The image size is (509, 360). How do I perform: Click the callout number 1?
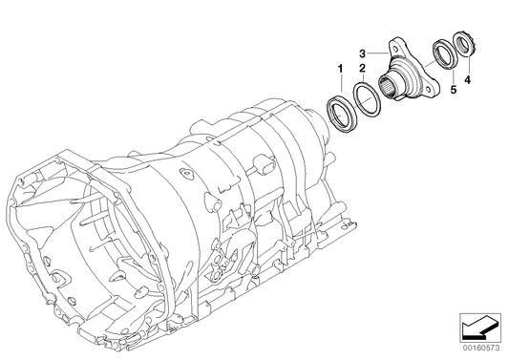click(x=339, y=69)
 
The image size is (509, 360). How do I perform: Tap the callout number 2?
click(x=361, y=69)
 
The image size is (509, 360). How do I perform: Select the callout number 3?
click(x=363, y=52)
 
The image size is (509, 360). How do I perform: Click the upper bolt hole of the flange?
click(x=394, y=43)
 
